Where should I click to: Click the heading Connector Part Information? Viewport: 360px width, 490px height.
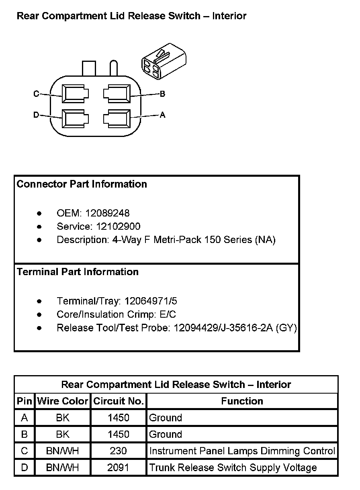82,184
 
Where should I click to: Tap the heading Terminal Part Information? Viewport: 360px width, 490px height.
78,272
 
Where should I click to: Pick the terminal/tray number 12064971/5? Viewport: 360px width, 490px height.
151,301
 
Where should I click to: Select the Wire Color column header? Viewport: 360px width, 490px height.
63,401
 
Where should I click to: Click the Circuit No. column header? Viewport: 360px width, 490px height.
119,401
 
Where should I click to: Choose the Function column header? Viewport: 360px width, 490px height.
242,401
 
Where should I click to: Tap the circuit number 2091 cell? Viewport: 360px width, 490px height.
119,468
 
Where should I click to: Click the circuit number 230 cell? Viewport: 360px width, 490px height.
119,451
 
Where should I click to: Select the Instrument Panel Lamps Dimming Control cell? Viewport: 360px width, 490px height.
242,451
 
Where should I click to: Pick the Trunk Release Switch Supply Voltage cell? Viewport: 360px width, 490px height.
233,468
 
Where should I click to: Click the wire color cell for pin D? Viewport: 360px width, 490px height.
63,468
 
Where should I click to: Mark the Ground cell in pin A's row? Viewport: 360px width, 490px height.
166,418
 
